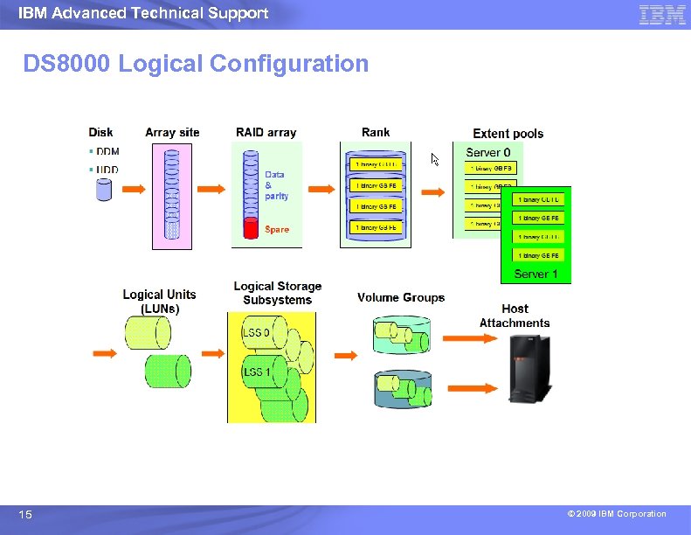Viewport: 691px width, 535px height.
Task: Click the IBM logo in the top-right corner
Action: pyautogui.click(x=662, y=14)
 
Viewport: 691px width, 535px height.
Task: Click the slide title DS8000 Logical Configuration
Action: pyautogui.click(x=196, y=64)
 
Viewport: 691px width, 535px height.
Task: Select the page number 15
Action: pyautogui.click(x=26, y=515)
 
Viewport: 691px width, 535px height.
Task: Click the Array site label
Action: pyautogui.click(x=172, y=133)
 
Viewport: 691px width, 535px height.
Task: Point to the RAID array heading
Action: pyautogui.click(x=266, y=133)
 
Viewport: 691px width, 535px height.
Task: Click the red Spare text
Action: pyautogui.click(x=276, y=229)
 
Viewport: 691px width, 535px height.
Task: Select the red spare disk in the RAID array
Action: pyautogui.click(x=251, y=230)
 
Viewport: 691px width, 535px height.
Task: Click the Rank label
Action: pyautogui.click(x=376, y=132)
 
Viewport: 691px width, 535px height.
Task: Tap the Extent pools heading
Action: pyautogui.click(x=508, y=134)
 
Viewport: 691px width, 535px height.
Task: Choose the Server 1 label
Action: pyautogui.click(x=536, y=274)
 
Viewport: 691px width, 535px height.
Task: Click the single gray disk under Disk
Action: pyautogui.click(x=105, y=190)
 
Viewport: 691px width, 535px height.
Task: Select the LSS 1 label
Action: pyautogui.click(x=256, y=373)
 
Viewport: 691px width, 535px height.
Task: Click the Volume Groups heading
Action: pyautogui.click(x=400, y=298)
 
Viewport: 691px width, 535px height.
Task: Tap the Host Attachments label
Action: pyautogui.click(x=515, y=316)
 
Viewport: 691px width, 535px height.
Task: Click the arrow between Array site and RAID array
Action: pyautogui.click(x=212, y=189)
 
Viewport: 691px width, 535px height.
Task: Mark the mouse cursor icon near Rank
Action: pyautogui.click(x=435, y=159)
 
